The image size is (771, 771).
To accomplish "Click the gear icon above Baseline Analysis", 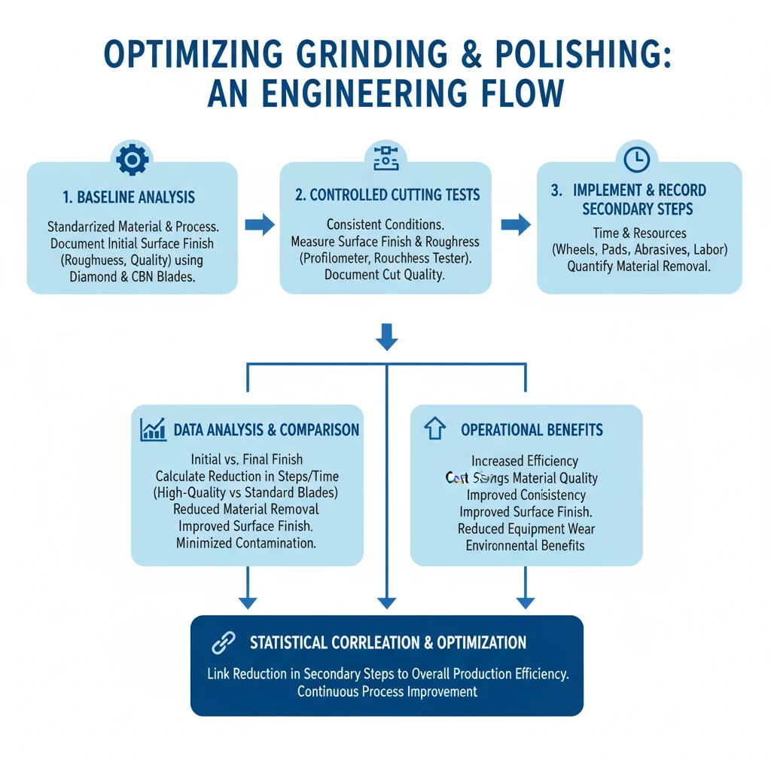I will click(x=131, y=159).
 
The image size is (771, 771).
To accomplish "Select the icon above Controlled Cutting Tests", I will click(x=385, y=157).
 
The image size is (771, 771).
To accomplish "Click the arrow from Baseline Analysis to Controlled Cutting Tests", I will click(x=259, y=224).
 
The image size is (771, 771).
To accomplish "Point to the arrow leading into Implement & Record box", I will click(x=515, y=224).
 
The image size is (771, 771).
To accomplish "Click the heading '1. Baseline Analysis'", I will click(x=130, y=198).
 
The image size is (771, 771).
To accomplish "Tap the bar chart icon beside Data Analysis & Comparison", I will click(x=153, y=430).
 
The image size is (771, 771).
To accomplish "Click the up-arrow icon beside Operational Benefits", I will click(x=434, y=430).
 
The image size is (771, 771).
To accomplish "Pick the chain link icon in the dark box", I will click(x=223, y=642).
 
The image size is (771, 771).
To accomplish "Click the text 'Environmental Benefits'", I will click(x=525, y=545).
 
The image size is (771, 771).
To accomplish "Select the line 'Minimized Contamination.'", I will click(x=245, y=543).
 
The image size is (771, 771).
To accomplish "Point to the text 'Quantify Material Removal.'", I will click(x=638, y=266).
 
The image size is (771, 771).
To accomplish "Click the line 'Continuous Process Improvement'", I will click(x=387, y=691).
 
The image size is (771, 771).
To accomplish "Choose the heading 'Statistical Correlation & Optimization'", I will click(x=388, y=643).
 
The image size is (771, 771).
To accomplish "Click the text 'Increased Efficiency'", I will click(x=525, y=461).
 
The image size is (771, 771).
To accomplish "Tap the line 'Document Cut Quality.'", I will click(x=385, y=275).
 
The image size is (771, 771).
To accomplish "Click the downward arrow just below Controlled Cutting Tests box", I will click(x=386, y=337).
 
